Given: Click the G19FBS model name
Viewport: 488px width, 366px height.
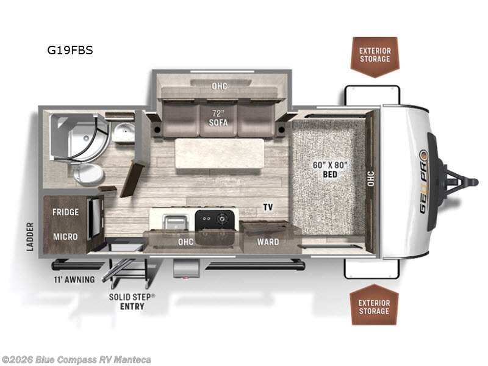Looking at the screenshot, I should [70, 51].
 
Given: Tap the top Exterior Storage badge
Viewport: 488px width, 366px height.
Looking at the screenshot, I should [374, 54].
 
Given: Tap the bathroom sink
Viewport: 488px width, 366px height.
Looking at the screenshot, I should [123, 132].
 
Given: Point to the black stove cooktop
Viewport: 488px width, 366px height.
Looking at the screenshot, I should [215, 220].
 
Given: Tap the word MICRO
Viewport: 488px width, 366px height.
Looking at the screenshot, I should [65, 236].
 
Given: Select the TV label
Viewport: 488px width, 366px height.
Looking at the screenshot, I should [268, 207].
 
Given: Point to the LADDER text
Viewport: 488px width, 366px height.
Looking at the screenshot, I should [30, 236].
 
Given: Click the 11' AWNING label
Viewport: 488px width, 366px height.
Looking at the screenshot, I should [73, 280].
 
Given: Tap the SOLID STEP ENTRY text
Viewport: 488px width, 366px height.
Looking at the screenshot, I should [132, 301].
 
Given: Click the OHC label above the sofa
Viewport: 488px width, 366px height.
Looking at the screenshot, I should [219, 86].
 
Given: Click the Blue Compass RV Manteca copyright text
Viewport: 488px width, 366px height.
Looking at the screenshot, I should [76, 359].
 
